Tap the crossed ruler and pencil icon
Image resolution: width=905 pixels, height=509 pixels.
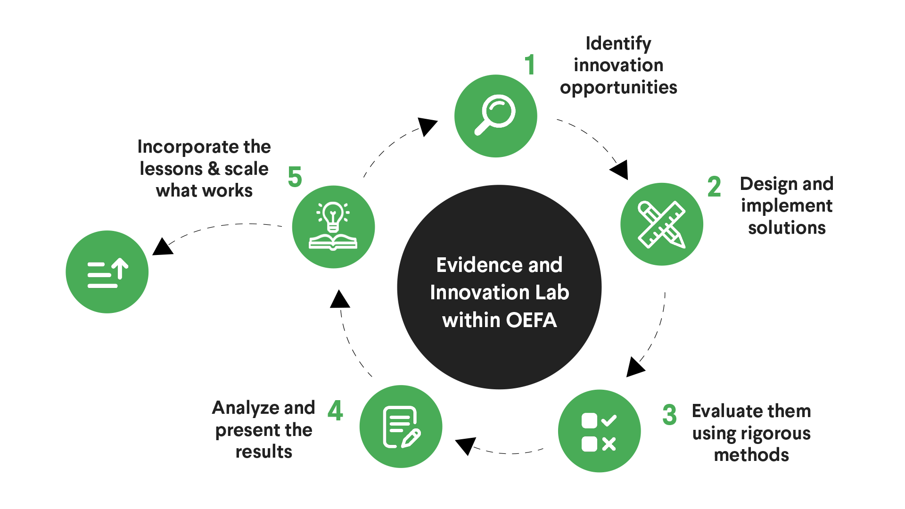tap(661, 224)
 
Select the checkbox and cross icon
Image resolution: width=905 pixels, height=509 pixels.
tap(599, 432)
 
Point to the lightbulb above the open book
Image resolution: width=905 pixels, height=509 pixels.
tap(333, 217)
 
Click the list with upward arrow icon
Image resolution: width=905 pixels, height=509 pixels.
tap(107, 272)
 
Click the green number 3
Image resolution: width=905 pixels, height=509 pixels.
tap(669, 415)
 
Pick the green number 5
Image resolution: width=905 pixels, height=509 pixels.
tap(295, 177)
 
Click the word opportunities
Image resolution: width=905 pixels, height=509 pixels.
tap(618, 88)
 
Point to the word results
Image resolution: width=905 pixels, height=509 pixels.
tap(264, 452)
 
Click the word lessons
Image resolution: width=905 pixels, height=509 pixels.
tap(171, 168)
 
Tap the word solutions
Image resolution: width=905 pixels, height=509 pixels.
tap(787, 227)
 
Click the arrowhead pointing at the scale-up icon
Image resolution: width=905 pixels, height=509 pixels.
tap(162, 246)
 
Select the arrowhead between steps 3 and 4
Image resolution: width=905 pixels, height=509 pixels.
tap(465, 445)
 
